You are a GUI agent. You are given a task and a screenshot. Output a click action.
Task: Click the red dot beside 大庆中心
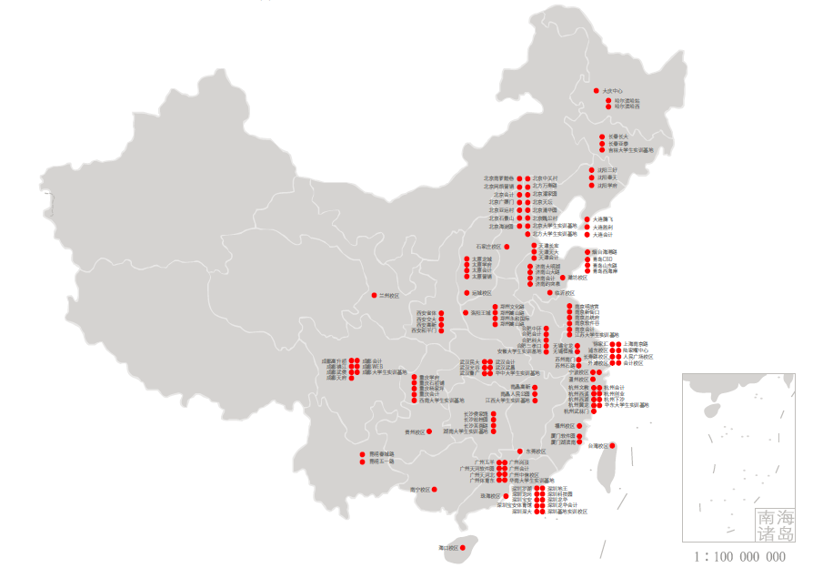[596, 91]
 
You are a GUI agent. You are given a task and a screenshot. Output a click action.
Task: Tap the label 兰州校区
[390, 295]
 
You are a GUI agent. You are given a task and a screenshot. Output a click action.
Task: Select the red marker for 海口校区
[462, 548]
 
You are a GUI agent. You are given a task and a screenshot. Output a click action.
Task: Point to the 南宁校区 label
[419, 490]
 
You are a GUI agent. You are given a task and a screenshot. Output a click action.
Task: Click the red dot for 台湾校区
[612, 445]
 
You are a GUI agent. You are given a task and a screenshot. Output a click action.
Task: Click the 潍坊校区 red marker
[561, 278]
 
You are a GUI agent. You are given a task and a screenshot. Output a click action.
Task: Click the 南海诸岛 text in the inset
[774, 524]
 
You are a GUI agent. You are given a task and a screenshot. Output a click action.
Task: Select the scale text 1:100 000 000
[739, 556]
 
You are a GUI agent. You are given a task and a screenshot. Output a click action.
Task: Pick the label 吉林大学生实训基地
[630, 150]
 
